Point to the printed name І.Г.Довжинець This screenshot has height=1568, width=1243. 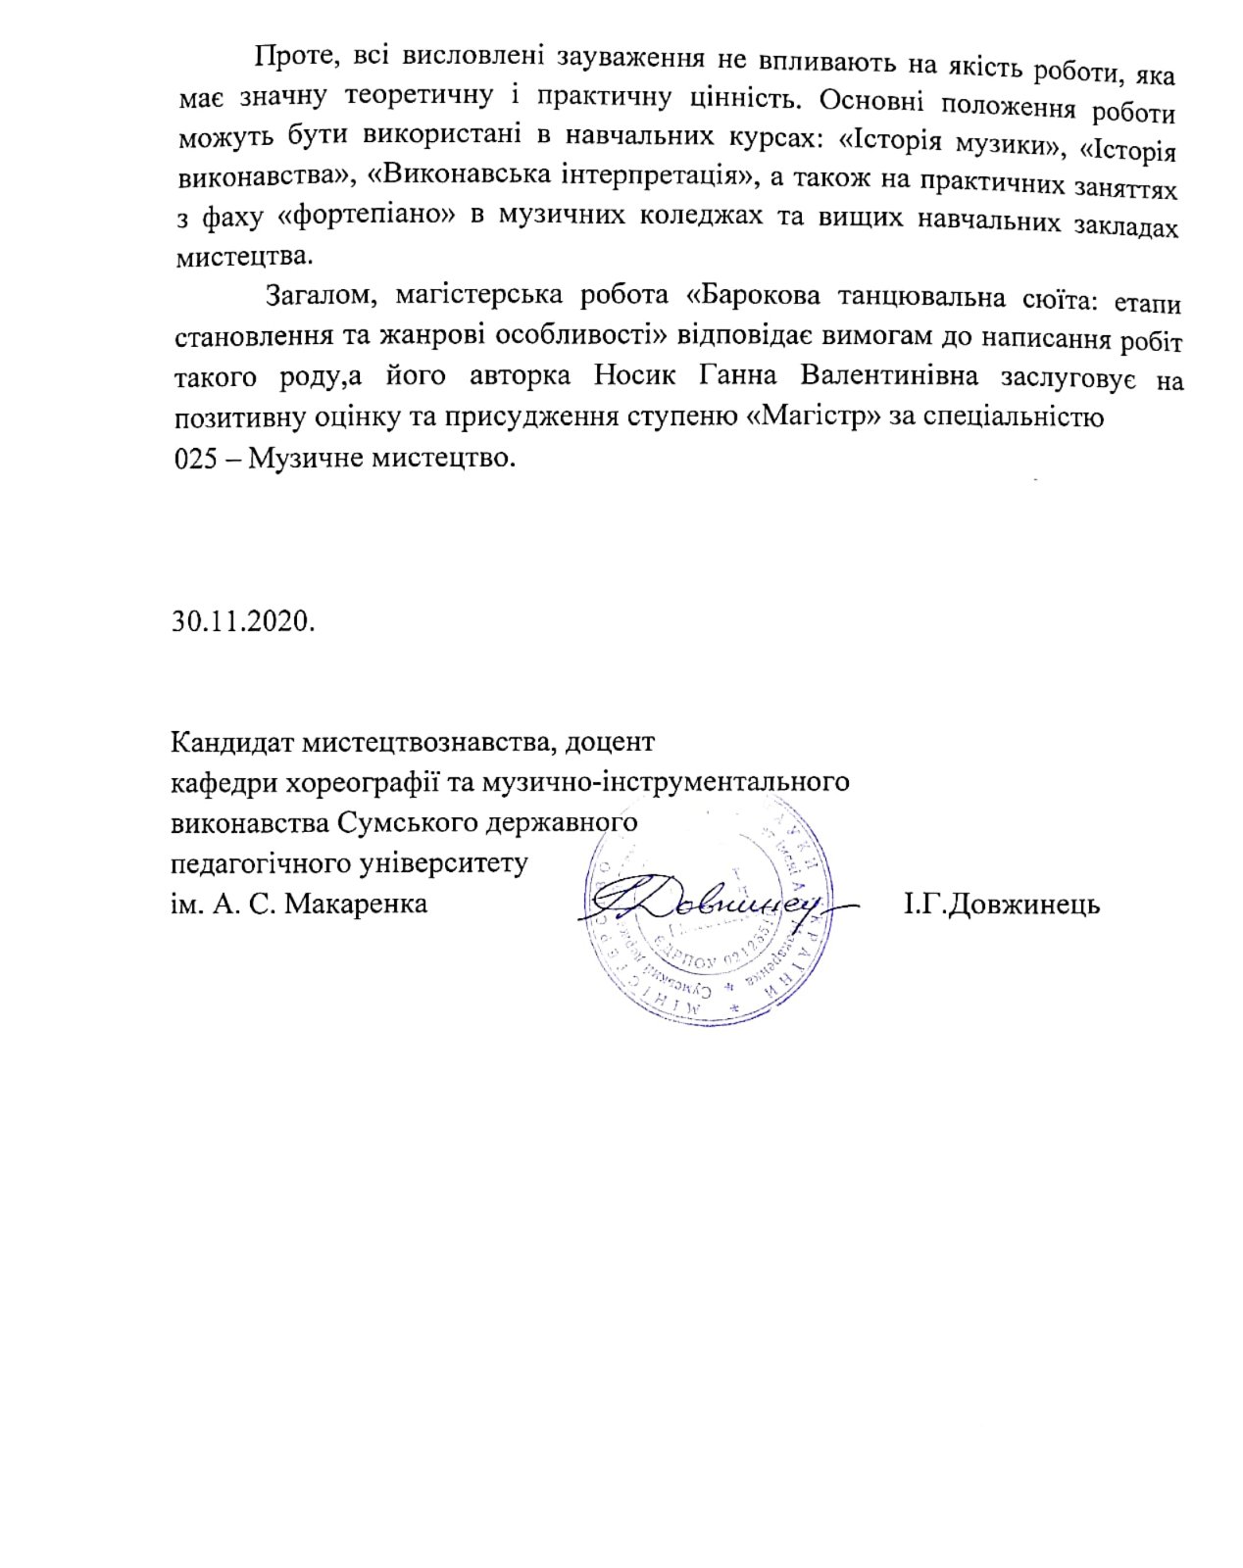click(x=1001, y=904)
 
